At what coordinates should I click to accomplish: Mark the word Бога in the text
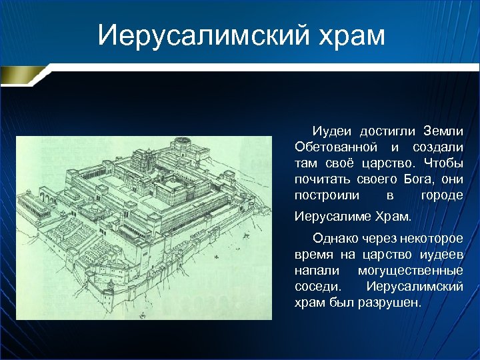417,179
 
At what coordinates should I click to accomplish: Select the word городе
442,195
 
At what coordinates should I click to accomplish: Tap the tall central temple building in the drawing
144,164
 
